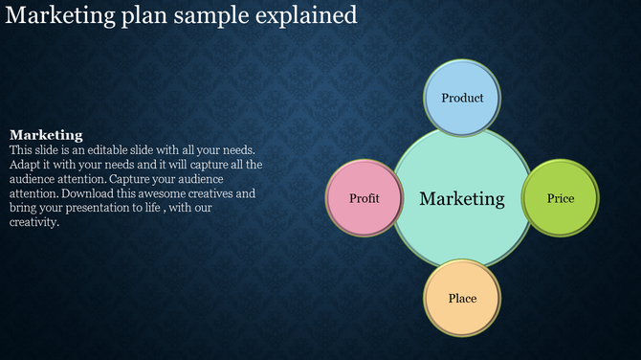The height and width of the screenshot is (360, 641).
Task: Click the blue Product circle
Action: (x=462, y=98)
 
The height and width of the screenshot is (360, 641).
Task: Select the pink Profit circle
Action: (x=364, y=198)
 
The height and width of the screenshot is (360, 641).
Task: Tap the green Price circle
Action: (x=561, y=198)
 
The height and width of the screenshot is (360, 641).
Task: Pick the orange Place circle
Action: (x=462, y=298)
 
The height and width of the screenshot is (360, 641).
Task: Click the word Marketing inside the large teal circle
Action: (x=462, y=199)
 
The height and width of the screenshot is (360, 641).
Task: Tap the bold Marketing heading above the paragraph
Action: (x=46, y=135)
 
